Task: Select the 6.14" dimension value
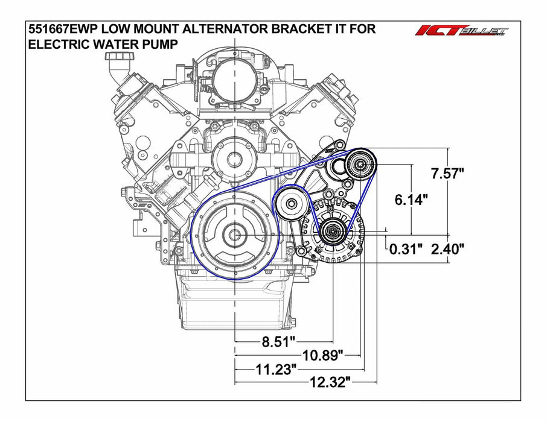[x=411, y=200]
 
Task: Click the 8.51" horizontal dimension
[x=278, y=342]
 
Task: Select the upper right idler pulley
[x=360, y=164]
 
